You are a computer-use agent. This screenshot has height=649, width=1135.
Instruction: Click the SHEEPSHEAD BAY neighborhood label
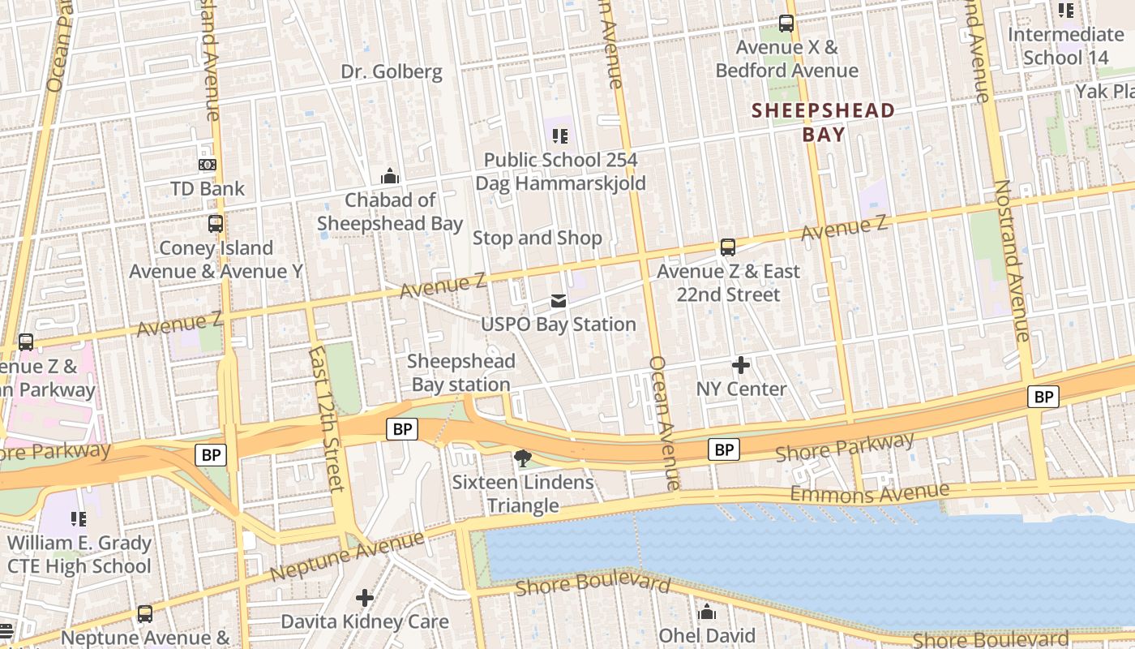click(824, 122)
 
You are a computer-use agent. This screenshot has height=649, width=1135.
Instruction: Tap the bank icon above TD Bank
click(208, 165)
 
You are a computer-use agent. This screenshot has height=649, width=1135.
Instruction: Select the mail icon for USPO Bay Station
click(559, 301)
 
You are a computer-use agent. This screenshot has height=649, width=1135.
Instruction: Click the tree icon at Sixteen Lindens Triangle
click(523, 459)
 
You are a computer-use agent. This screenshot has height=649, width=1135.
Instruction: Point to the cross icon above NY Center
click(741, 365)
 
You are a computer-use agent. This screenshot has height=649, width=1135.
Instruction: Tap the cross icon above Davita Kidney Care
click(365, 598)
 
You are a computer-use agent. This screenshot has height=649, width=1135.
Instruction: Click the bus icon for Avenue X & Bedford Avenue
click(786, 24)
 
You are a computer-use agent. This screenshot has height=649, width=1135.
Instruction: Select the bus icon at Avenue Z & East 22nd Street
click(728, 247)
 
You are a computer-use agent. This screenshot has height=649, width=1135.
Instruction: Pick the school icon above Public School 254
click(560, 136)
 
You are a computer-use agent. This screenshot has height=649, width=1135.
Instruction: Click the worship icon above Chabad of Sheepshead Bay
click(390, 176)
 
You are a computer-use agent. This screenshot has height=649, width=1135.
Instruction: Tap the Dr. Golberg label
click(392, 71)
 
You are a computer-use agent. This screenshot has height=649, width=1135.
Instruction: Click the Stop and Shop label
click(538, 238)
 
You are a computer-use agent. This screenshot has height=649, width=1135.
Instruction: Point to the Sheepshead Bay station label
click(460, 372)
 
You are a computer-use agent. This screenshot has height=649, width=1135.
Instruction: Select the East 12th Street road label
click(327, 419)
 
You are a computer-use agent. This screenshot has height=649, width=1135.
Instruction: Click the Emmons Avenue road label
click(869, 492)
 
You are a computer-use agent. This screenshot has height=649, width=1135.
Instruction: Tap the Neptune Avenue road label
click(347, 556)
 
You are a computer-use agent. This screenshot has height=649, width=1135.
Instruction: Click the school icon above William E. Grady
click(79, 518)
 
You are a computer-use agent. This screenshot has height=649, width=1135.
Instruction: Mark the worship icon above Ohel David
click(707, 612)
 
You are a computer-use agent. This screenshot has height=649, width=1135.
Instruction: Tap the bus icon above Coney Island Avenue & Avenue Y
click(216, 224)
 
